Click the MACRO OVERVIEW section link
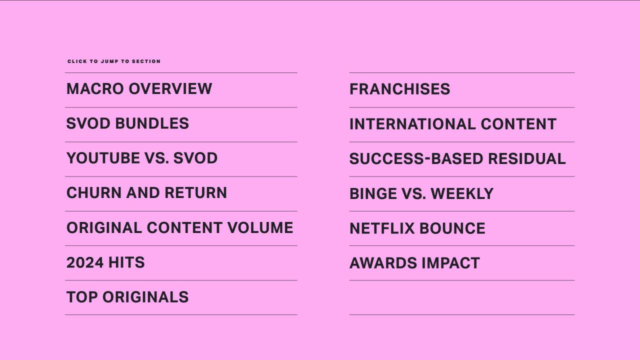click(x=139, y=88)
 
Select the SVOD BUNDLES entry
click(x=127, y=123)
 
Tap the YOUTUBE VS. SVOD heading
click(x=142, y=158)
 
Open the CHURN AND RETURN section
click(x=146, y=192)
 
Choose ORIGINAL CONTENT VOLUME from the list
click(x=179, y=227)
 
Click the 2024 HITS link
click(x=105, y=262)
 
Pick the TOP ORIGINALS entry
click(x=127, y=297)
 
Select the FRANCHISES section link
click(x=399, y=89)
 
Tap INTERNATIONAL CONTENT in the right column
click(x=453, y=124)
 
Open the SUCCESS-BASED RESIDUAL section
click(x=457, y=158)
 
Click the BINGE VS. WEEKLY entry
click(x=421, y=193)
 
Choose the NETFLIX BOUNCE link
click(x=417, y=228)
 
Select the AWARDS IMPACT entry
click(x=414, y=263)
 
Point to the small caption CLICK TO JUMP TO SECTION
click(x=114, y=61)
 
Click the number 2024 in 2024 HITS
click(x=85, y=262)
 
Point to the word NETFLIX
click(x=382, y=228)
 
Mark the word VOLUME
click(x=260, y=227)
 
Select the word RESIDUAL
click(x=527, y=158)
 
